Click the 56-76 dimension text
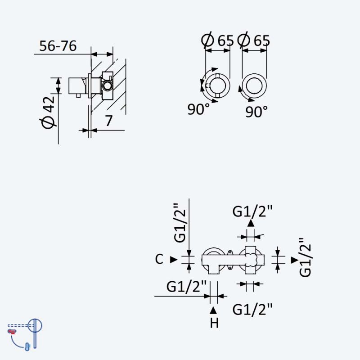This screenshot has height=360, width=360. (58, 46)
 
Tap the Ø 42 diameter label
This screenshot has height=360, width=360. (48, 112)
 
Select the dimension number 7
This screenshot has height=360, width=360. (109, 121)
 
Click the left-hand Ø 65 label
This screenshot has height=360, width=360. (217, 40)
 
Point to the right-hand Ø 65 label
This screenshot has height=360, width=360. (254, 40)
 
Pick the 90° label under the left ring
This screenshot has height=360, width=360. (198, 109)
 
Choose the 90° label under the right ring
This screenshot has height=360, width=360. (256, 112)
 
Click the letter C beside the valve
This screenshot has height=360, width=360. (159, 259)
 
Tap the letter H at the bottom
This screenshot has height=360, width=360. (214, 323)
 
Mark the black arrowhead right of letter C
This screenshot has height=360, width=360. (174, 260)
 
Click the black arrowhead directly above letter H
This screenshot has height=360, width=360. (213, 310)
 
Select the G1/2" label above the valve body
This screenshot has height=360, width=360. (252, 211)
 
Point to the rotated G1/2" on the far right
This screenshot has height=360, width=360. (305, 257)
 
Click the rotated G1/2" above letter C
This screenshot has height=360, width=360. (180, 222)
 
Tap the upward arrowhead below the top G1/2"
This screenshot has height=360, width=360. (251, 223)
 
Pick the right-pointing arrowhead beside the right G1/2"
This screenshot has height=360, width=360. (295, 260)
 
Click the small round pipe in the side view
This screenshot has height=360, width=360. (107, 85)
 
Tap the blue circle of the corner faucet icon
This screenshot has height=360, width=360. (35, 325)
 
